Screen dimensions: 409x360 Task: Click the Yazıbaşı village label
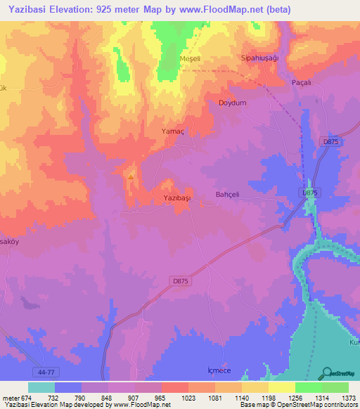pyautogui.click(x=177, y=198)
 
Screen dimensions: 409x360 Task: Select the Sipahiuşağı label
pyautogui.click(x=260, y=58)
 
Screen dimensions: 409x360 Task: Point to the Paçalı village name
pyautogui.click(x=302, y=82)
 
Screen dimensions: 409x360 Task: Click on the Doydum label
pyautogui.click(x=233, y=103)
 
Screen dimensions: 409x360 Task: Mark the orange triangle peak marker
pyautogui.click(x=131, y=176)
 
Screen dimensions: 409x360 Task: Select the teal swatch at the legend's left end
pyautogui.click(x=41, y=387)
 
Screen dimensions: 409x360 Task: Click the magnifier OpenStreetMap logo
pyautogui.click(x=327, y=372)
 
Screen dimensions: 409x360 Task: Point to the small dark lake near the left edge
pyautogui.click(x=30, y=303)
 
